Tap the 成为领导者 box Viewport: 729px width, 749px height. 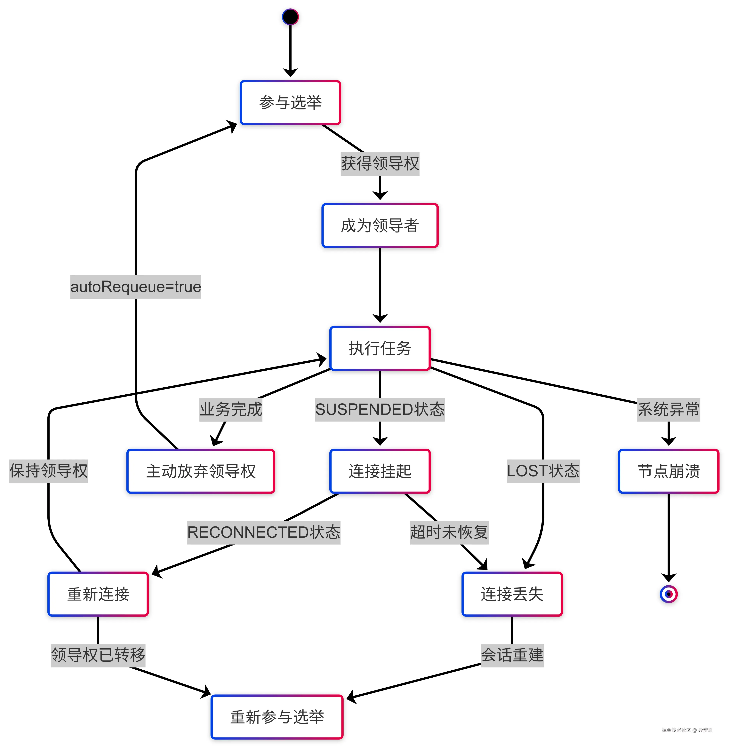point(380,225)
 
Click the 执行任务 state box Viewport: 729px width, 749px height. point(380,348)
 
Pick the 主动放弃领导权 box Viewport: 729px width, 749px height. point(201,471)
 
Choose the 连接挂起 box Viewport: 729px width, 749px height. point(380,471)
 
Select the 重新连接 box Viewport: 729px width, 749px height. point(98,594)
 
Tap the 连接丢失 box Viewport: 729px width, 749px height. point(512,594)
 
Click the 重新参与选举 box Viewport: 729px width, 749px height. point(277,717)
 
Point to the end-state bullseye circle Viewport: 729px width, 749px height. point(669,594)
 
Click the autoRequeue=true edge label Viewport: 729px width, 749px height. point(136,287)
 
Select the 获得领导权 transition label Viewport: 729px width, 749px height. point(380,164)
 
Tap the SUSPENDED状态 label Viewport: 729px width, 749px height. point(380,410)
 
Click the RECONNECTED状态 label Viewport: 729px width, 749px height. point(263,532)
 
